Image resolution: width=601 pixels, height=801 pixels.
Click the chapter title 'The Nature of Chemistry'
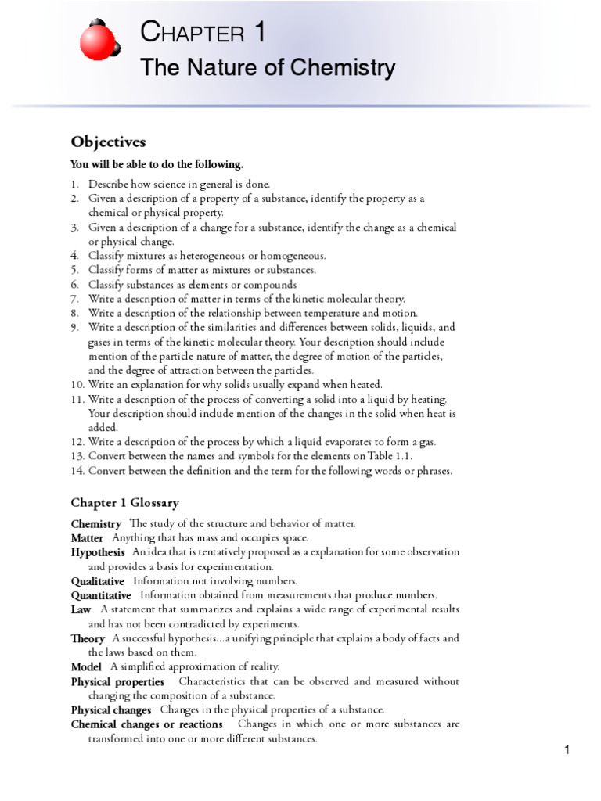tap(268, 69)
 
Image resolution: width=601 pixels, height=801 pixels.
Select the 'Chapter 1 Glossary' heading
tap(124, 502)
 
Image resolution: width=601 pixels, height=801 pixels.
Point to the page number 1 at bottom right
tap(567, 751)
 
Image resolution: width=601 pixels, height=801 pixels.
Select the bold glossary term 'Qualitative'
tap(98, 581)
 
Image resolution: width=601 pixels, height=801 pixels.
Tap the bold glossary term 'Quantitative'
tap(101, 595)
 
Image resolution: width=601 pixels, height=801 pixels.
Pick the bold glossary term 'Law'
tap(81, 609)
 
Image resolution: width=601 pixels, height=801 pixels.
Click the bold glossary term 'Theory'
tap(88, 638)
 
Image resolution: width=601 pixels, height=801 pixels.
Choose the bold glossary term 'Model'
tap(86, 666)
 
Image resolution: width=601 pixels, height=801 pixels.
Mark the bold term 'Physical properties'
tap(117, 681)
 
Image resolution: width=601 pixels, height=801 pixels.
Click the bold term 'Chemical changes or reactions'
tap(146, 724)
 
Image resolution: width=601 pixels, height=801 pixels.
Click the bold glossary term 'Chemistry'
tap(95, 524)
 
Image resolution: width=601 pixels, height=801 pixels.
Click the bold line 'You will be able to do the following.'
tap(157, 164)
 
